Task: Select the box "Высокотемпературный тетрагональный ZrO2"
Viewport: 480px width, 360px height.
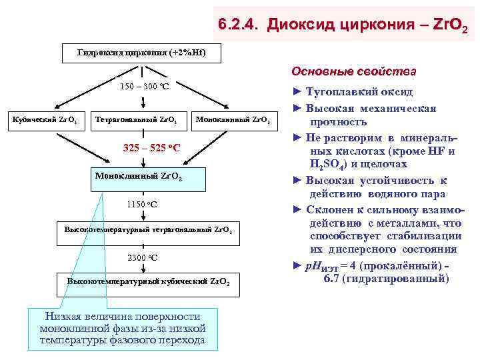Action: tap(147, 229)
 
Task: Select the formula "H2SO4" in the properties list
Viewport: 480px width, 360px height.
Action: tap(330, 164)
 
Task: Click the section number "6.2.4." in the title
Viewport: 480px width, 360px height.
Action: tap(239, 26)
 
